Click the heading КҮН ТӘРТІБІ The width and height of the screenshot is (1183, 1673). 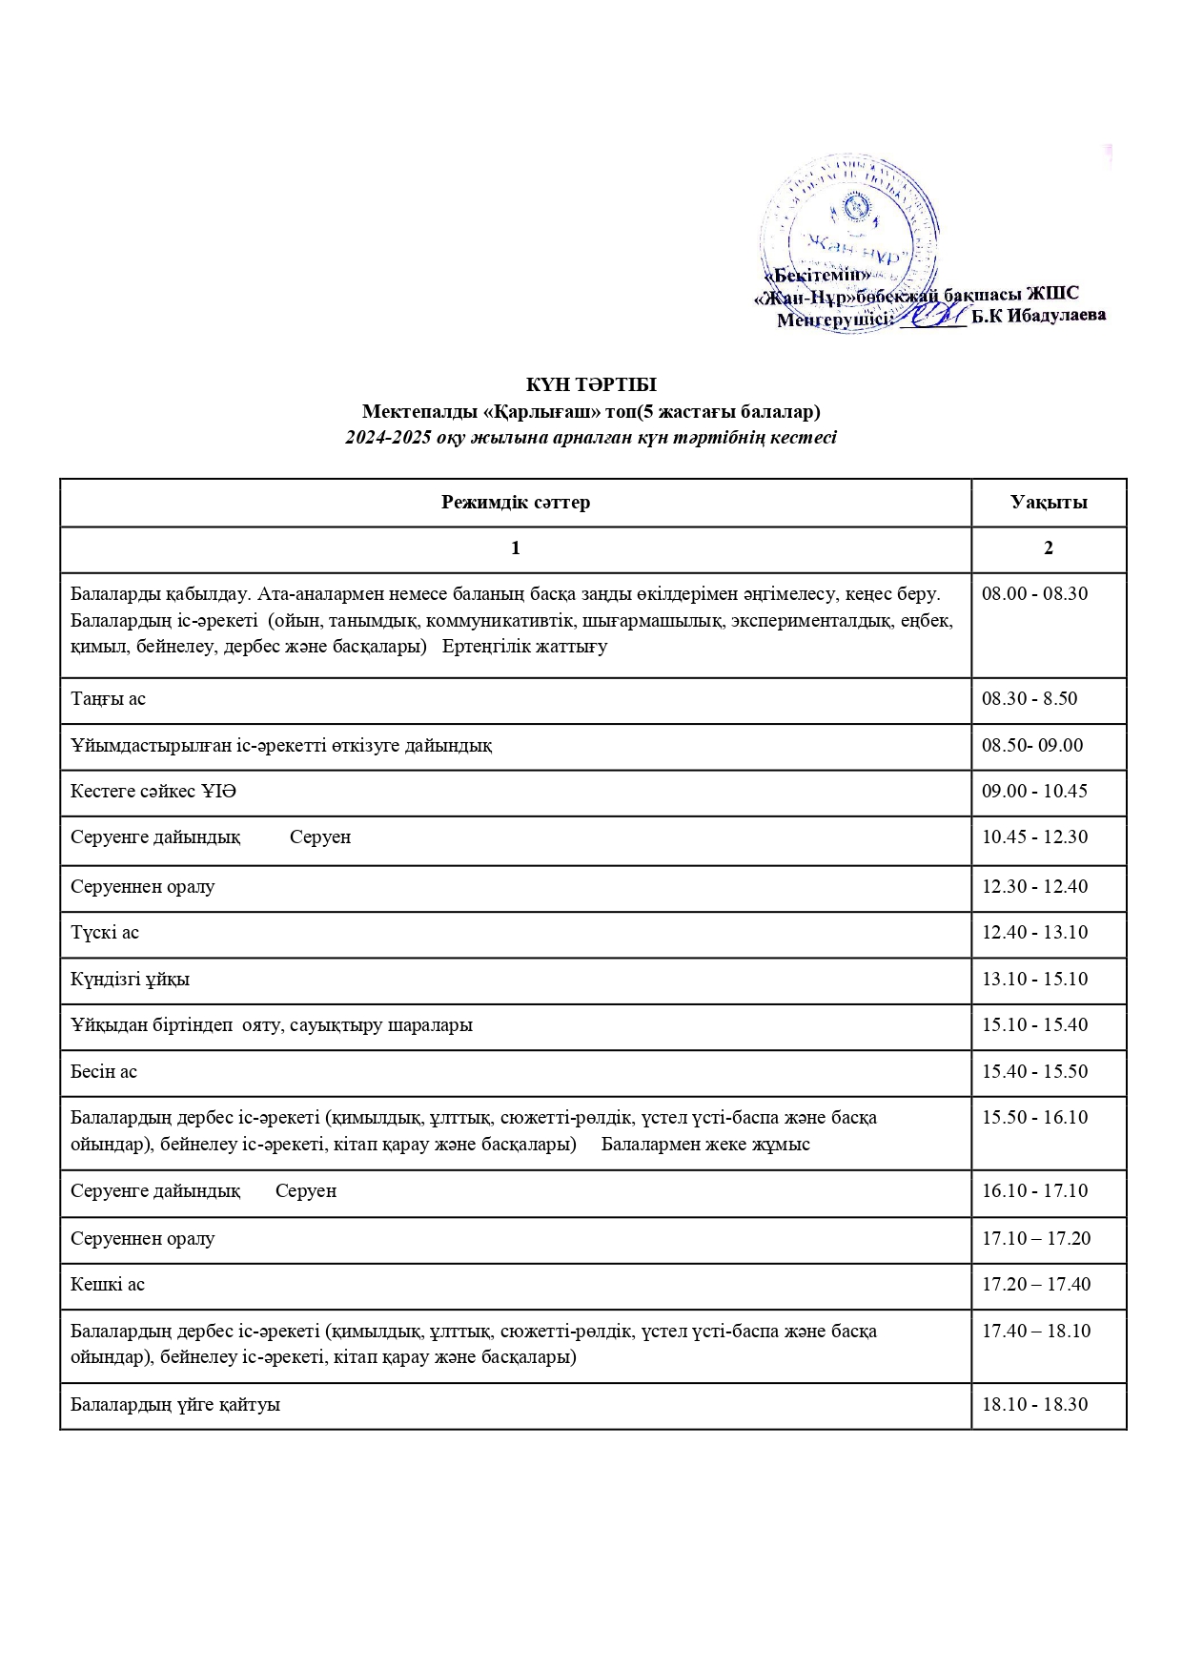tap(591, 385)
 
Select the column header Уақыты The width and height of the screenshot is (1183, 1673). tap(1049, 503)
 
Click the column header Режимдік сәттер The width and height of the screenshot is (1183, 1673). tap(516, 503)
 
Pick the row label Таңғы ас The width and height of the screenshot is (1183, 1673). tap(108, 699)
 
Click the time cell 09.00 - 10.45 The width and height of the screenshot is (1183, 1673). tap(1034, 792)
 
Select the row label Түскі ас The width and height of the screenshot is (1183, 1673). tap(105, 933)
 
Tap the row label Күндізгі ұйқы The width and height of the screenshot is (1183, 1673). tap(130, 980)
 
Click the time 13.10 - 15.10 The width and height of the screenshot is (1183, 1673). tap(1034, 980)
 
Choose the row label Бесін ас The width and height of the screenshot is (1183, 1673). tap(104, 1072)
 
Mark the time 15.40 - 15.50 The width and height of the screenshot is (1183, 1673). tap(1034, 1072)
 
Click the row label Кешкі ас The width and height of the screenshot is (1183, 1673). tap(108, 1285)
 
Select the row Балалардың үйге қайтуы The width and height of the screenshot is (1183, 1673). tap(175, 1405)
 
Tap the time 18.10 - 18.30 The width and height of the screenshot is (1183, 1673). tap(1034, 1405)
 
